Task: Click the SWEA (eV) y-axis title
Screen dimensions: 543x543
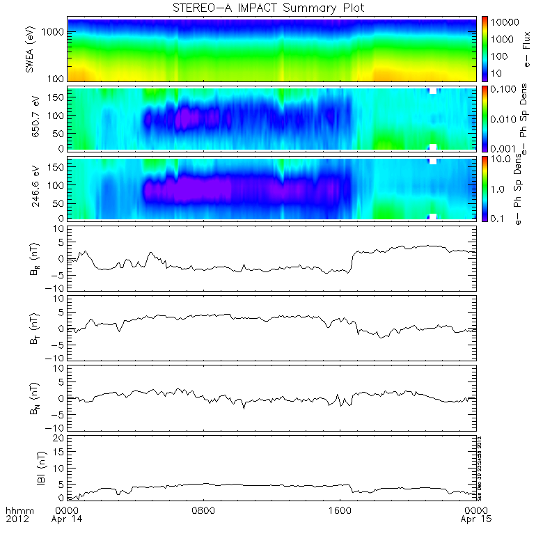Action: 29,49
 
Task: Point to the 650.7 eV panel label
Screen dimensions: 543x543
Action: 29,118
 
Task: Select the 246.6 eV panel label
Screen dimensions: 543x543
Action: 29,187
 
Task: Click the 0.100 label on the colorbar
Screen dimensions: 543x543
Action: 506,90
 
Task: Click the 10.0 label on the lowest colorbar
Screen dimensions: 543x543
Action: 503,159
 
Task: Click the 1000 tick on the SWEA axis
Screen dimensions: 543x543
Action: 56,32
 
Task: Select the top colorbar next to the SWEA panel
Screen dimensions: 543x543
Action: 487,49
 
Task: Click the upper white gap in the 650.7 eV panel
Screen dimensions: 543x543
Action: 433,90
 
